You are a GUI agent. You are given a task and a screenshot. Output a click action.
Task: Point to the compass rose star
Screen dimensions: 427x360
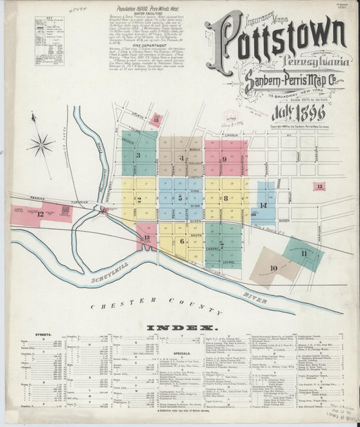tap(41, 143)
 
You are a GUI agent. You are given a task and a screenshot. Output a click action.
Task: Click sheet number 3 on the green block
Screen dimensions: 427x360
tap(138, 155)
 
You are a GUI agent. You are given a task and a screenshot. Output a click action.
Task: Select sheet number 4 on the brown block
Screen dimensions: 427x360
tap(182, 159)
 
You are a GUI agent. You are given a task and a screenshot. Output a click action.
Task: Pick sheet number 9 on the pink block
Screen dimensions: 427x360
tap(224, 159)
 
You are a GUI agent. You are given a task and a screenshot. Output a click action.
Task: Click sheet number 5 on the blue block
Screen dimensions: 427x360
tap(180, 198)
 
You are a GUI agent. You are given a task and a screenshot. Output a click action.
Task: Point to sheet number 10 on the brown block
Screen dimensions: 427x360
tap(273, 268)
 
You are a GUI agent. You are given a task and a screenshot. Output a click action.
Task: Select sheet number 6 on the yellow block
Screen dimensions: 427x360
tap(182, 241)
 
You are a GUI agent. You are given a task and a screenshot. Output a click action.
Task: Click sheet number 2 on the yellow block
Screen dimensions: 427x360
tap(138, 199)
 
